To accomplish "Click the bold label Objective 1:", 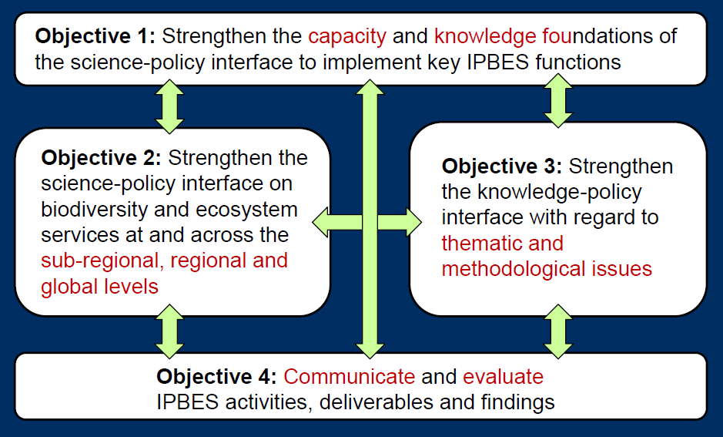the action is click(x=95, y=37).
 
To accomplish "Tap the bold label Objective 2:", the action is click(x=102, y=159).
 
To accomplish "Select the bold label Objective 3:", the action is click(x=502, y=167).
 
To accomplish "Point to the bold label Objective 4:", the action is click(x=216, y=377).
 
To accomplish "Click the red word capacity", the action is click(x=347, y=37).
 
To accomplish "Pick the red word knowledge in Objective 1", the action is click(x=486, y=37).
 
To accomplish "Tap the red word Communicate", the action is click(x=350, y=377).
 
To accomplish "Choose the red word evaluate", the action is click(x=503, y=377).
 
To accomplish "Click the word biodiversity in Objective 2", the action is click(x=94, y=210).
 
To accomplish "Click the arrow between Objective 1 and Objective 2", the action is click(x=169, y=106).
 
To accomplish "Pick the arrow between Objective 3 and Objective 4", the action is click(x=558, y=331).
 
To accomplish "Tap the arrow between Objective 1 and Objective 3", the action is click(x=558, y=101).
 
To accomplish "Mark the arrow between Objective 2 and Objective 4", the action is click(x=169, y=331).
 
